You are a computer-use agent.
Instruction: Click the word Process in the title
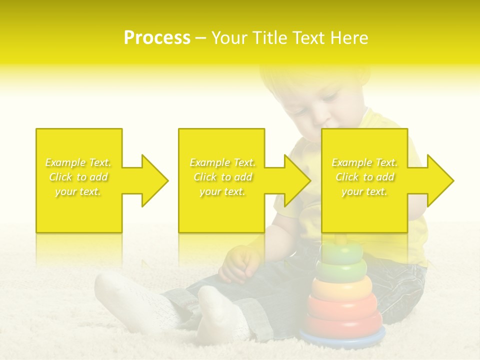click(157, 38)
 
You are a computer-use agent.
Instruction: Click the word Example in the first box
click(66, 162)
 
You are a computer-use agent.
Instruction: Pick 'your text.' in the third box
click(364, 191)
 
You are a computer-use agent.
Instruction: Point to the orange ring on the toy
click(342, 287)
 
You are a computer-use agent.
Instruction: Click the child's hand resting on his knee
click(239, 265)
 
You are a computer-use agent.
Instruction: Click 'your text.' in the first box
click(78, 191)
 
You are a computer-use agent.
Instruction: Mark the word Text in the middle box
click(243, 162)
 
